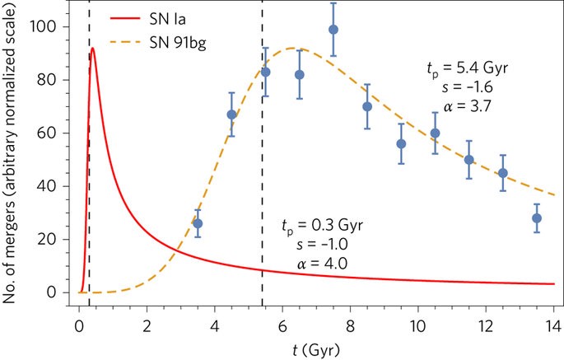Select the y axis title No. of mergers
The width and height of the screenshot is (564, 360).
click(x=13, y=152)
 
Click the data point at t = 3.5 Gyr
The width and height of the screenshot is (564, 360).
click(x=198, y=223)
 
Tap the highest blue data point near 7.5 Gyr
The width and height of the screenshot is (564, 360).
click(x=333, y=30)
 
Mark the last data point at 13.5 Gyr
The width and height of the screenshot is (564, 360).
click(x=537, y=218)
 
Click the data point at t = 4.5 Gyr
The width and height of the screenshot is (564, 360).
click(x=231, y=115)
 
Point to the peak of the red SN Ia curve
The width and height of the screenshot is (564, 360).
click(x=93, y=49)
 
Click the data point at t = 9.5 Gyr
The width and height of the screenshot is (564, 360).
click(x=401, y=143)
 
